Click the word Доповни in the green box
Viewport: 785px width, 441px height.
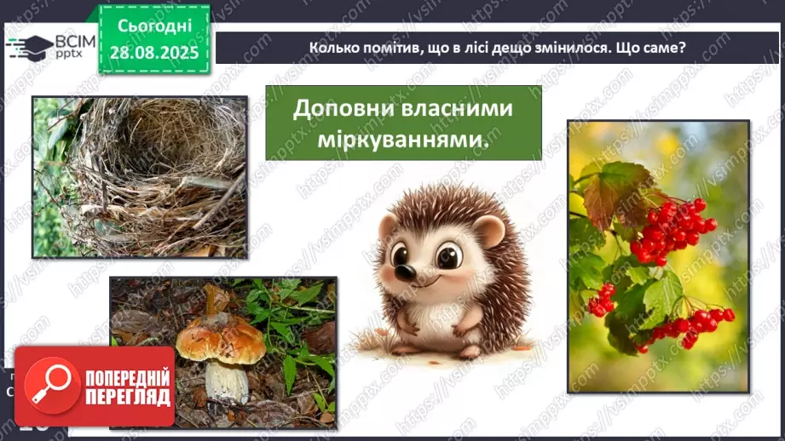coord(343,110)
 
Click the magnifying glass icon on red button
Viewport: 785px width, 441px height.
coord(49,387)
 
